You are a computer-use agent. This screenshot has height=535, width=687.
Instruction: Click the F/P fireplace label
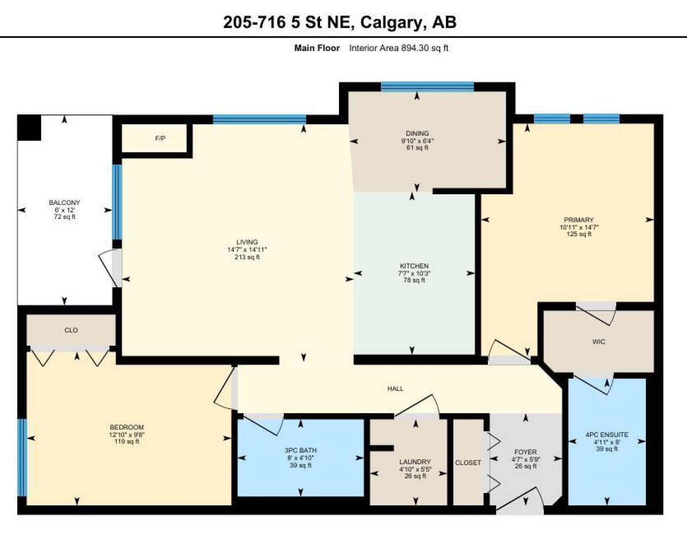160,139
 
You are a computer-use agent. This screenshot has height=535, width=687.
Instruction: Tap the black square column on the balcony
29,128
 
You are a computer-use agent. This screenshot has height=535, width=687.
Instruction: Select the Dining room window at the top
427,87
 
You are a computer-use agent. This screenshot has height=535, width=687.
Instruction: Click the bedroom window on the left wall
22,457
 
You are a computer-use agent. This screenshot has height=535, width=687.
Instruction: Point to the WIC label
598,342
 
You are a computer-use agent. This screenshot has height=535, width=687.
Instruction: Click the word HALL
395,388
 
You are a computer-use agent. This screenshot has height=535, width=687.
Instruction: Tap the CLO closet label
71,330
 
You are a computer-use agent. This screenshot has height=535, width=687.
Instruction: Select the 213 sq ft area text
247,257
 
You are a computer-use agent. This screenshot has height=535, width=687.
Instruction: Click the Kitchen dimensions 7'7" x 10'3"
414,273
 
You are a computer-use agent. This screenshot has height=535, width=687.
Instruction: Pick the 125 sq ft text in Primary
579,234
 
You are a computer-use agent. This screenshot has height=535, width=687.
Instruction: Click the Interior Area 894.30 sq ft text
399,48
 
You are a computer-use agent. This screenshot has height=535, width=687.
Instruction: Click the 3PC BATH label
300,450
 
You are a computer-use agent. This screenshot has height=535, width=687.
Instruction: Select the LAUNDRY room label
415,462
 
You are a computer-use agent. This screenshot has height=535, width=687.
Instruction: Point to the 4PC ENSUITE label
607,435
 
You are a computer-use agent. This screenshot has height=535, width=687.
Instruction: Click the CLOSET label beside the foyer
468,463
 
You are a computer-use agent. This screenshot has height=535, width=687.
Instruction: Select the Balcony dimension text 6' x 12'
64,210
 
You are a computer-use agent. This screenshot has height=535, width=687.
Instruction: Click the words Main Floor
317,48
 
